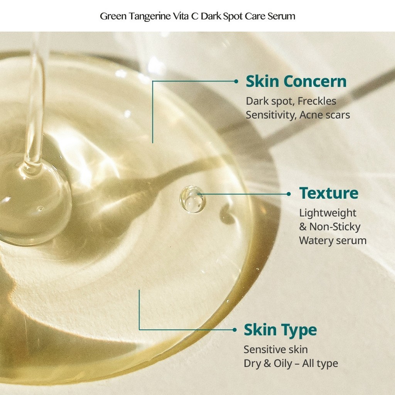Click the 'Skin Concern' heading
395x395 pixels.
pyautogui.click(x=296, y=81)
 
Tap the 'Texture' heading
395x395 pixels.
pyautogui.click(x=329, y=193)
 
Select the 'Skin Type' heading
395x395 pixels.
pyautogui.click(x=280, y=330)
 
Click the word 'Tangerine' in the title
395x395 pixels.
pyautogui.click(x=150, y=16)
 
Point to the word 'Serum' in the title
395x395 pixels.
pyautogui.click(x=281, y=16)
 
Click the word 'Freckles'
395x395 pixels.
pyautogui.click(x=317, y=101)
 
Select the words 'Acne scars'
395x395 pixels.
pyautogui.click(x=325, y=115)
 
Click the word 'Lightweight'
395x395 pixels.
pyautogui.click(x=327, y=213)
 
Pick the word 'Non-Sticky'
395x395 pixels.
pyautogui.click(x=335, y=227)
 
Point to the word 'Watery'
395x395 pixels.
pyautogui.click(x=316, y=241)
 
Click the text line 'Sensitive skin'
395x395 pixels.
pyautogui.click(x=275, y=349)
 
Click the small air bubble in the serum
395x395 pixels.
pyautogui.click(x=192, y=199)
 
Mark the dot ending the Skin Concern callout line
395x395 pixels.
pyautogui.click(x=236, y=81)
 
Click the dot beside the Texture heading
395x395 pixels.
pyautogui.click(x=289, y=194)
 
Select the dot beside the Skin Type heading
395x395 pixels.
pyautogui.click(x=235, y=330)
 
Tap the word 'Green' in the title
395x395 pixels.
pyautogui.click(x=113, y=16)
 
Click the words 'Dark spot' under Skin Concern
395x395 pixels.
pyautogui.click(x=270, y=101)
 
